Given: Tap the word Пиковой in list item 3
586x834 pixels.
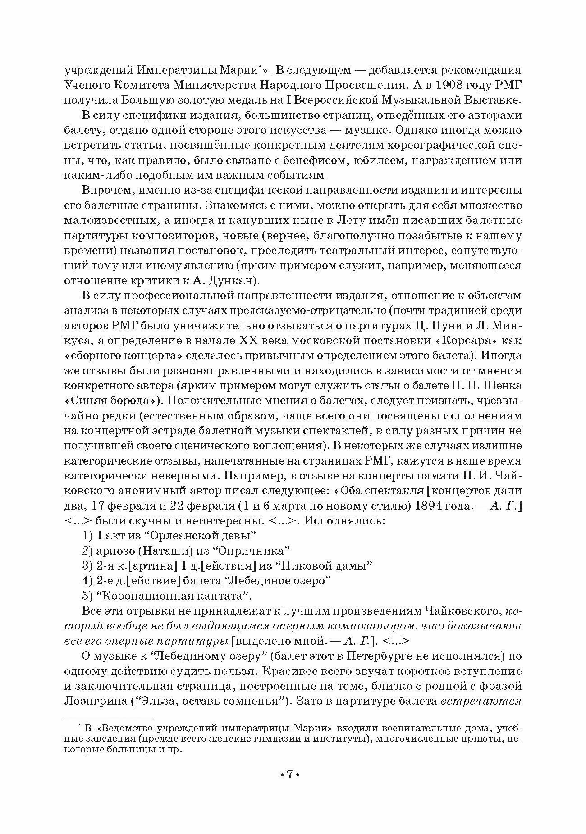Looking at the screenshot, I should click(297, 566).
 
